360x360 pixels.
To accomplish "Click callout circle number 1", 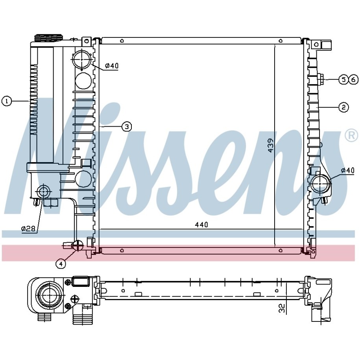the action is (x=7, y=101).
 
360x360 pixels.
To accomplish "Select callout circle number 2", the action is (x=343, y=107).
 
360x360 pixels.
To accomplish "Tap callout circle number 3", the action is (x=127, y=127).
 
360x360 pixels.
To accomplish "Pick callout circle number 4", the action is (x=61, y=264).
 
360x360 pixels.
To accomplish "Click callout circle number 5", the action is (x=343, y=79).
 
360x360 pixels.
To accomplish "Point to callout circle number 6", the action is (x=353, y=79).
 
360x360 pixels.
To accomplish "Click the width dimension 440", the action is (x=201, y=224).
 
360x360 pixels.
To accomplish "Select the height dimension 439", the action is (x=271, y=145).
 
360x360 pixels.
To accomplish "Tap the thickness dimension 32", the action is (x=282, y=308).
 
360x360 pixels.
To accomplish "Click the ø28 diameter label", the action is (x=29, y=229).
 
